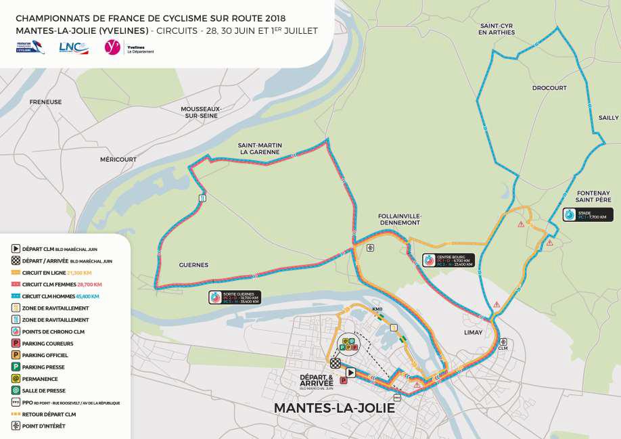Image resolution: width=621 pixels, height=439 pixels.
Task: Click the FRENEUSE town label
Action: point(45,102)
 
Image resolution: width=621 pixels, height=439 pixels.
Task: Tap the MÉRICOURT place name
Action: point(118,160)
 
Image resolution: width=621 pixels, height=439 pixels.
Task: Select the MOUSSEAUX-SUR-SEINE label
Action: point(201,112)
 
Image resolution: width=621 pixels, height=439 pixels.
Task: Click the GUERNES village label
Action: point(193,265)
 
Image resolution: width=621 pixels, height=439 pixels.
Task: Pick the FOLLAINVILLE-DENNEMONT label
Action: point(399,218)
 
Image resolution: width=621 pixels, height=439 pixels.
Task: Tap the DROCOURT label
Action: point(549,89)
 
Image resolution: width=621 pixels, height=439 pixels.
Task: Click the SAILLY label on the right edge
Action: point(608,118)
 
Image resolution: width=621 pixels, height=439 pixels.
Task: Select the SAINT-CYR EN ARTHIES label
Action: point(496,28)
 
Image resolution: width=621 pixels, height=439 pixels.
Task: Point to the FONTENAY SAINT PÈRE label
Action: point(594,197)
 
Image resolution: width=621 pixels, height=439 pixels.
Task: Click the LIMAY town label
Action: point(474,333)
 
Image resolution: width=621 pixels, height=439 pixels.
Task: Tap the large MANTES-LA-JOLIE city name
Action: point(333,409)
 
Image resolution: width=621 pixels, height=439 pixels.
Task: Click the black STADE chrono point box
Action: point(588,215)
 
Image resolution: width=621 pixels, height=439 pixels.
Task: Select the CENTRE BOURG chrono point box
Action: point(447,260)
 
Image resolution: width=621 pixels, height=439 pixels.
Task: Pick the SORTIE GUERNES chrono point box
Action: point(234,297)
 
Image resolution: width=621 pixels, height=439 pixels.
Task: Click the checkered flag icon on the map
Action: point(336,363)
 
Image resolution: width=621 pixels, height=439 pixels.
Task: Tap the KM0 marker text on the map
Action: point(377,309)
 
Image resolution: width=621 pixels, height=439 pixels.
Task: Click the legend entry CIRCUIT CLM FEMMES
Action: point(61,285)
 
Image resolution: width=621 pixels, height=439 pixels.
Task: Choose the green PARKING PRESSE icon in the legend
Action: point(16,367)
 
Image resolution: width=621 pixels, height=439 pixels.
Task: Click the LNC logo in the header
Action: point(73,47)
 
